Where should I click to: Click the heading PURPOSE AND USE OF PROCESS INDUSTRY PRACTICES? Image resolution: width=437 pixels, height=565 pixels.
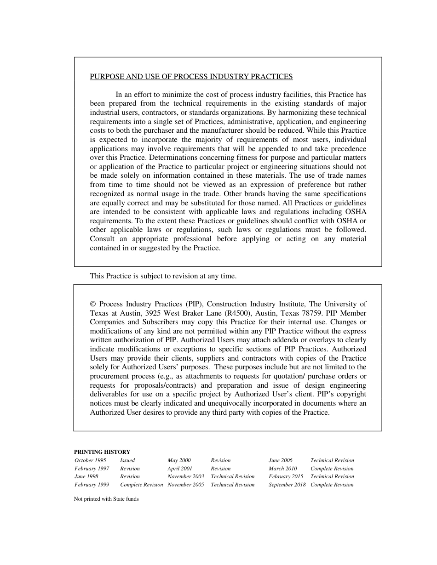(191, 76)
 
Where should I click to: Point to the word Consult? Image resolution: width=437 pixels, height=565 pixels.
(102, 239)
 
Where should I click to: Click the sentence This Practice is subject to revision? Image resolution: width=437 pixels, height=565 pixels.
(163, 276)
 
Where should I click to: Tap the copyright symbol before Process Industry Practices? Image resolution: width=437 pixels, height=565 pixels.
(93, 304)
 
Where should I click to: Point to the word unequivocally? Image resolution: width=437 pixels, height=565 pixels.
(239, 403)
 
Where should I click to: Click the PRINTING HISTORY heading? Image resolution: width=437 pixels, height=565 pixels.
(102, 452)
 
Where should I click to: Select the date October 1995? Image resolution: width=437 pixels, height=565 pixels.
(90, 460)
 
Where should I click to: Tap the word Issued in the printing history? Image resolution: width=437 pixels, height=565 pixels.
(127, 460)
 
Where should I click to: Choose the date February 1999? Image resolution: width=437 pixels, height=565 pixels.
(92, 485)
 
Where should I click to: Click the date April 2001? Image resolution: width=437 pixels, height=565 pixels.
(180, 469)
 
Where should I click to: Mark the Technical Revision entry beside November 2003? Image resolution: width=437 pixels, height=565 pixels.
(232, 476)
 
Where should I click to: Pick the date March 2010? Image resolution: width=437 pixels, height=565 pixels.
(282, 469)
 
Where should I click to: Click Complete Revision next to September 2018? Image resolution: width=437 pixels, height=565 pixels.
(332, 485)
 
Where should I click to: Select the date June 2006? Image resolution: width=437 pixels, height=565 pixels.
(280, 460)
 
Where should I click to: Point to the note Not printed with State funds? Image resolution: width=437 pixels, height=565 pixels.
(106, 499)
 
